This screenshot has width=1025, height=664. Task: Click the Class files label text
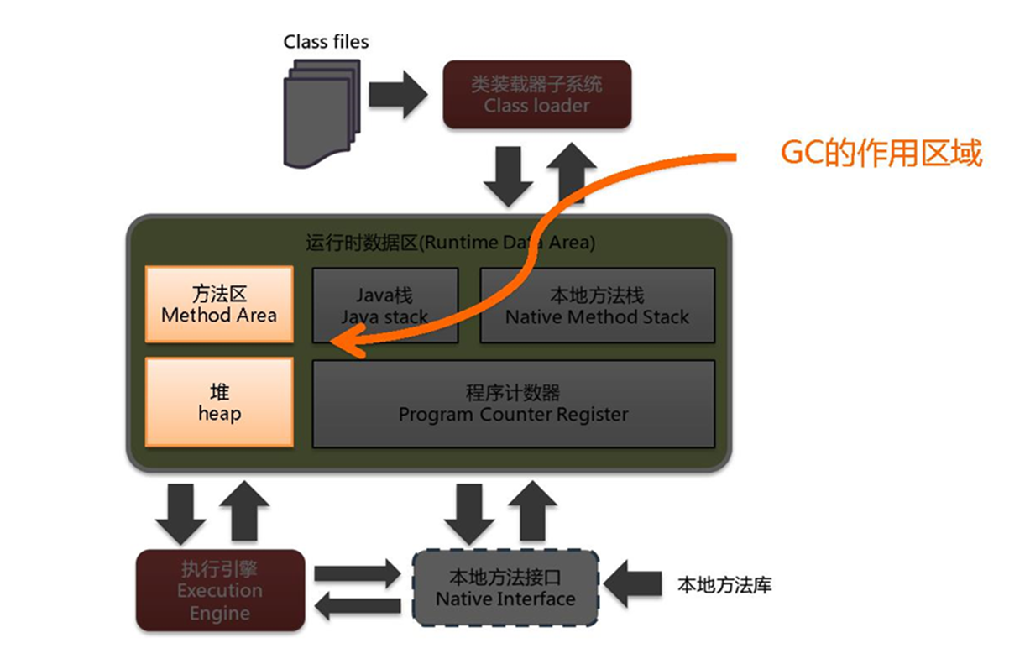click(326, 41)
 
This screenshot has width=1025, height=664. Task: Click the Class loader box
click(536, 95)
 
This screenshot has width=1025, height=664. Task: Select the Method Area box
click(219, 305)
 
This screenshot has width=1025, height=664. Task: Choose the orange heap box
click(219, 402)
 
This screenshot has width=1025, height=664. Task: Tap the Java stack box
click(384, 306)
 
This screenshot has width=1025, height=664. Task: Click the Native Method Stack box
click(597, 306)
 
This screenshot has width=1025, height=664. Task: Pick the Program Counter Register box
click(513, 404)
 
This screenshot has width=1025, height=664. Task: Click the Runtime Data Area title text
click(450, 243)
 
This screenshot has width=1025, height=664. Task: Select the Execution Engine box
click(219, 590)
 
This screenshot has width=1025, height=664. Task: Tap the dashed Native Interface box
click(505, 588)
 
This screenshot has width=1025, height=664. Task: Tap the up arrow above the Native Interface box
click(531, 510)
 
